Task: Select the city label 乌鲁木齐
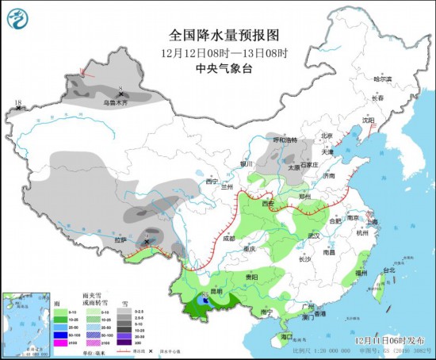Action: (115, 102)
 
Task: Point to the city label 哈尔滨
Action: (382, 79)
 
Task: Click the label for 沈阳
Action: (368, 120)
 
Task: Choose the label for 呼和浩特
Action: (285, 140)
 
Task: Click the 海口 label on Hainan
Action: (276, 336)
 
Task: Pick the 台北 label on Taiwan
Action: (388, 270)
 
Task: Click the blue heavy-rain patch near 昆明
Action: (206, 301)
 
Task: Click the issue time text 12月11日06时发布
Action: (396, 340)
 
